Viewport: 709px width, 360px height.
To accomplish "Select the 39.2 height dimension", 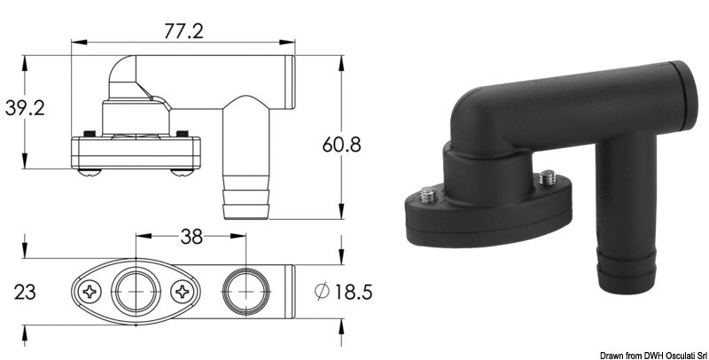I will point(27,109).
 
